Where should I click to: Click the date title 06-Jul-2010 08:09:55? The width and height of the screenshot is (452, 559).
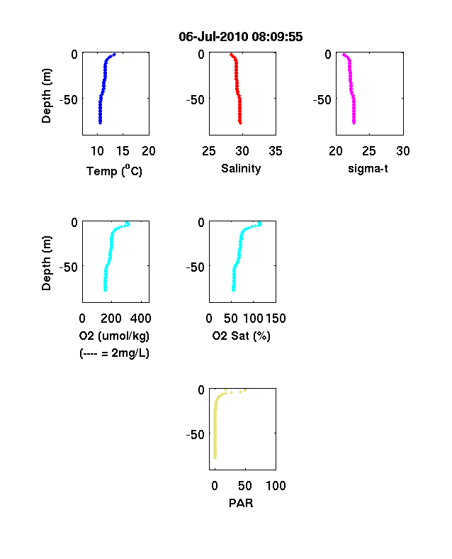(241, 36)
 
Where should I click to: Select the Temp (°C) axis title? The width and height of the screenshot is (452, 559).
(114, 171)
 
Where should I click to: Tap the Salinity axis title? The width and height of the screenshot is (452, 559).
(241, 168)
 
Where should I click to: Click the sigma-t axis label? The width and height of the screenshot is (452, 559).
(368, 168)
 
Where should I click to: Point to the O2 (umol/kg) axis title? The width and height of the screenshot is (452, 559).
(114, 336)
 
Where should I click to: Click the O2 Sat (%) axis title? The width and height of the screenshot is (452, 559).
(242, 336)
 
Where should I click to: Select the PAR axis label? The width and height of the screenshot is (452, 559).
(241, 503)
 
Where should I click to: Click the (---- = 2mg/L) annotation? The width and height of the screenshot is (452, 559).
(114, 353)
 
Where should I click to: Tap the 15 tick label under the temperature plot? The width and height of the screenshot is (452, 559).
(123, 151)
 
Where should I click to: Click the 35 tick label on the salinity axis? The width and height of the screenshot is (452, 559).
(276, 151)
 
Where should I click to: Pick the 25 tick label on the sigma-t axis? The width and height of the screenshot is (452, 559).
(369, 151)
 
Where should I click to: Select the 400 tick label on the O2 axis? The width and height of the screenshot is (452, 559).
(140, 318)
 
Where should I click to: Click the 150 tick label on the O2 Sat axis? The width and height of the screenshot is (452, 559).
(276, 318)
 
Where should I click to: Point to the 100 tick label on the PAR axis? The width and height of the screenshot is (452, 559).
(276, 485)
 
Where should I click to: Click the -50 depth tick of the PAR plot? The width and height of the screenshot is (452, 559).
(196, 435)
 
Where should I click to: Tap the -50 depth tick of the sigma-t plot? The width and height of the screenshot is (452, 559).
(322, 99)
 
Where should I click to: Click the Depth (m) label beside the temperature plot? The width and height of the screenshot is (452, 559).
(46, 96)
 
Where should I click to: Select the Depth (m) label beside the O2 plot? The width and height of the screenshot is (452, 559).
(46, 263)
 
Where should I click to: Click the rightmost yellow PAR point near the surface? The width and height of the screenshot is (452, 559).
(245, 391)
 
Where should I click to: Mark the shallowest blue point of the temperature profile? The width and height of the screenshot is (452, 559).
(114, 54)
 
